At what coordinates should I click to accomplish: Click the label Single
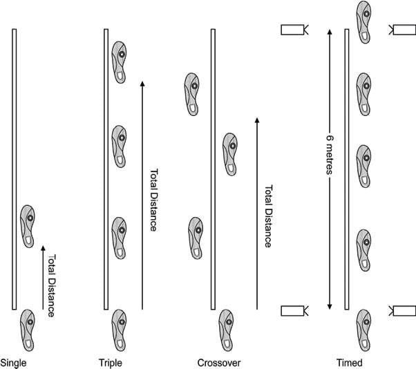[x=13, y=362]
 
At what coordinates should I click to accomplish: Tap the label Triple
[x=111, y=362]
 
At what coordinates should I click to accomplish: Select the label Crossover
[x=218, y=362]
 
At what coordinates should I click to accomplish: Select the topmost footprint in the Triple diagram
[x=120, y=61]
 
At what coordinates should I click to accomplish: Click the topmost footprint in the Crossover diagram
[x=193, y=93]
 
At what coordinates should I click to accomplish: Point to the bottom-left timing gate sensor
[x=294, y=310]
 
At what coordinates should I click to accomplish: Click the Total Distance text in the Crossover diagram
[x=268, y=216]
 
